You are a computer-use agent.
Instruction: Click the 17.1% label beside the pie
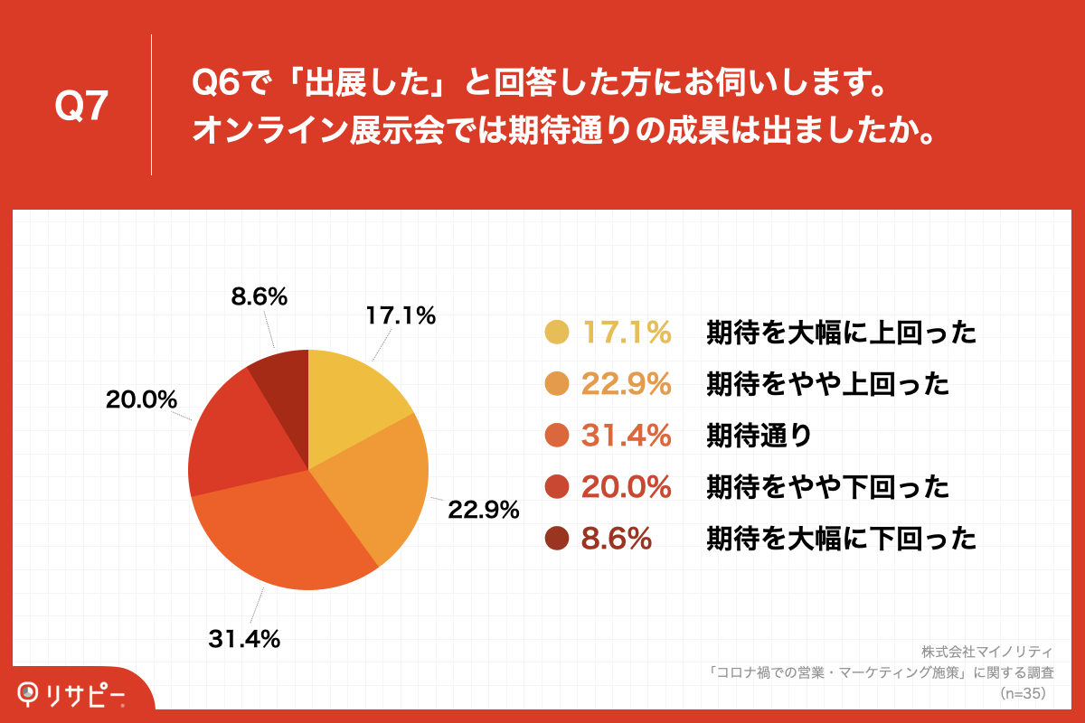(x=401, y=315)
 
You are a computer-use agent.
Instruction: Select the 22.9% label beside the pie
(x=484, y=510)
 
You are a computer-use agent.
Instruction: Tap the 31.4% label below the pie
(x=244, y=639)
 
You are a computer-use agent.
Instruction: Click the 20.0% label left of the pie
(x=141, y=399)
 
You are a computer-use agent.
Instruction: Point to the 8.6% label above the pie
(x=259, y=296)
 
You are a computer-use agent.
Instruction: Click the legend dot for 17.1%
(x=557, y=333)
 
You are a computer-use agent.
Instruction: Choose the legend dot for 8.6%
(x=557, y=540)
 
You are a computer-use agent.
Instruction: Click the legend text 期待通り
(x=759, y=437)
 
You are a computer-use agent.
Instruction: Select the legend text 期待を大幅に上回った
(x=841, y=333)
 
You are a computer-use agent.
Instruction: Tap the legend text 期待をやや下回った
(x=827, y=488)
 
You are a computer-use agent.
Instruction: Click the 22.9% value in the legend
(x=626, y=385)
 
